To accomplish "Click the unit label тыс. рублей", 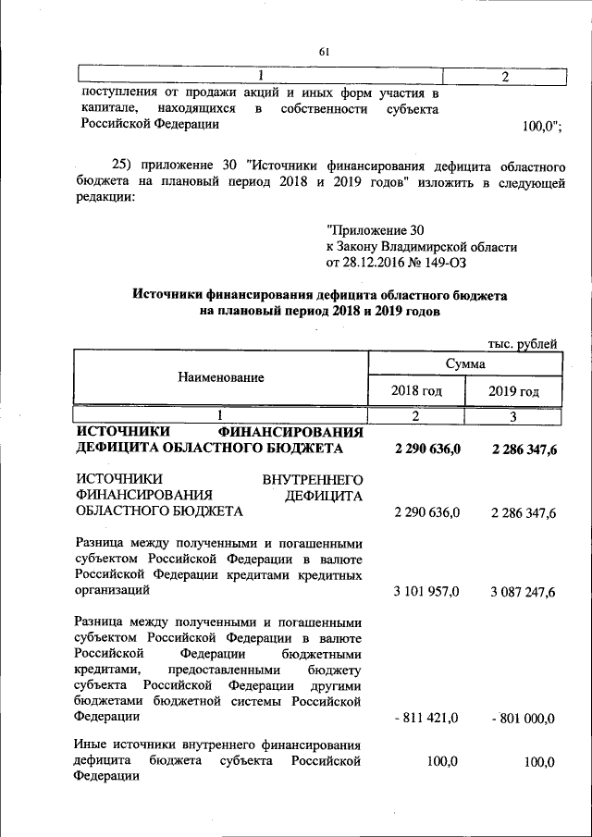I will pos(523,344).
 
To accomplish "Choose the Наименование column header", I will pos(221,376).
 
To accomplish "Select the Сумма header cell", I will pos(465,364).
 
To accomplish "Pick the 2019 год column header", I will pos(513,391).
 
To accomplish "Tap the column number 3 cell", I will pos(513,416).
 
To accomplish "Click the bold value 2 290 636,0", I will pos(426,449).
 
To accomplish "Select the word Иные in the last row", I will pos(92,745).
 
